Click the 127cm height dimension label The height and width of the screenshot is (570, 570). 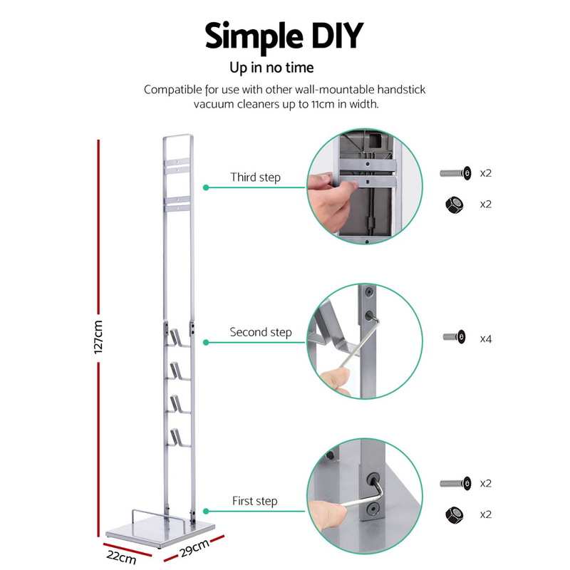tap(98, 337)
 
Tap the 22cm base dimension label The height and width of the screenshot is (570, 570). tap(121, 556)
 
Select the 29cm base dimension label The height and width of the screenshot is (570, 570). tap(195, 548)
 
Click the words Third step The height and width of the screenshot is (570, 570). tap(255, 177)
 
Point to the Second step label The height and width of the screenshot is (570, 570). tap(261, 332)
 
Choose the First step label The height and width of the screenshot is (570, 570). tap(255, 501)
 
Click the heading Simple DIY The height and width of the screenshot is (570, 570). tap(284, 36)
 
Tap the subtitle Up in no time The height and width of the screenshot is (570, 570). tap(271, 68)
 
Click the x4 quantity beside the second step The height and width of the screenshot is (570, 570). tap(486, 339)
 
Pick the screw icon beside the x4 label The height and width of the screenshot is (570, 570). tap(455, 336)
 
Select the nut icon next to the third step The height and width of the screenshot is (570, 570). tap(455, 204)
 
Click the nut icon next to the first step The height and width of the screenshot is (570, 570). tap(455, 514)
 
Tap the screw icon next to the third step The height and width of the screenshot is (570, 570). tap(455, 173)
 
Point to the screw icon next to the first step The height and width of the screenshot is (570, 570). tap(455, 484)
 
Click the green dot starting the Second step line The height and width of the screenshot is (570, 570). tap(206, 343)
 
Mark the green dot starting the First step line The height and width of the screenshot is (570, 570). tap(206, 512)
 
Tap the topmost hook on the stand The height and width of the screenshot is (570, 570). tap(177, 338)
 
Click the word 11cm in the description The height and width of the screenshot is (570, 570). tap(323, 104)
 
